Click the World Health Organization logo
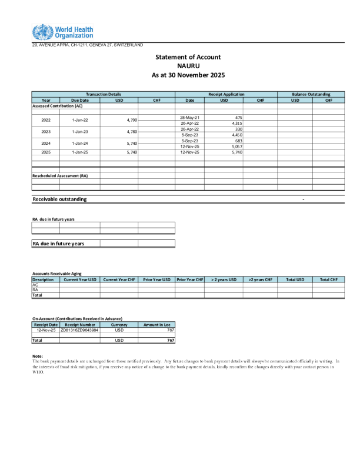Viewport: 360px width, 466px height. click(62, 32)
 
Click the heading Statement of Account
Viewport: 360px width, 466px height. click(188, 57)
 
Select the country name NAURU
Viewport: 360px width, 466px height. click(188, 66)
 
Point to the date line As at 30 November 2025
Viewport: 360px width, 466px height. click(188, 76)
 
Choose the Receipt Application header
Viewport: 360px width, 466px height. click(226, 94)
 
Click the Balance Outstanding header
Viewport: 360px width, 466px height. click(311, 94)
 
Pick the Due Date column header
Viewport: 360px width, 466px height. click(80, 100)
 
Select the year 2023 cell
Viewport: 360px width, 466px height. click(46, 132)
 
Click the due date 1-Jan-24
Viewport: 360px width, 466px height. click(80, 143)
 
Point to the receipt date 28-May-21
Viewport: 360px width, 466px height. click(189, 118)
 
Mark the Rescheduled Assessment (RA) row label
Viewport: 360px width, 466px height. click(60, 176)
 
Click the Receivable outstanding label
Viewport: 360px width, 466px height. click(59, 199)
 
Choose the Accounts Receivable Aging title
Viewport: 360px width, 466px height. click(56, 274)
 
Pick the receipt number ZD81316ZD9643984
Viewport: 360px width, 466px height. click(79, 330)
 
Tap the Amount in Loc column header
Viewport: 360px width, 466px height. click(156, 324)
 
